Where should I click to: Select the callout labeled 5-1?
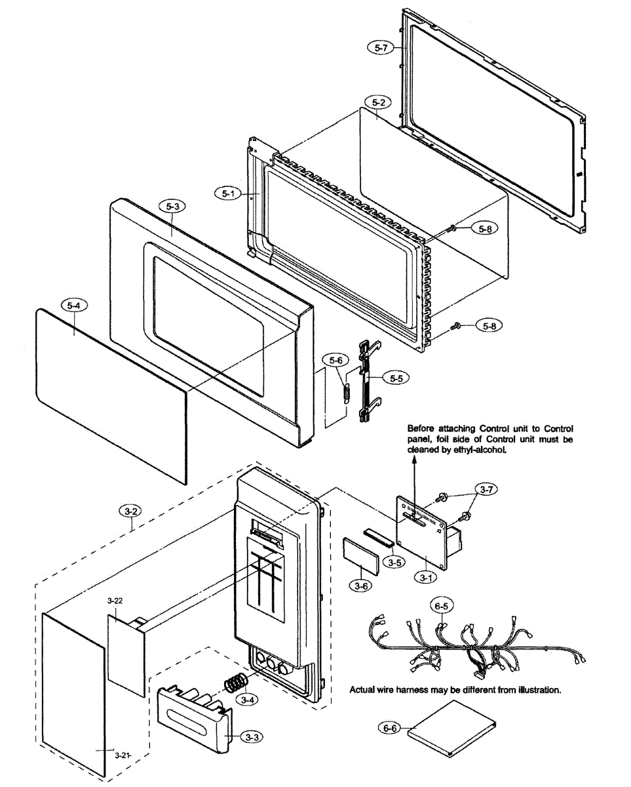[x=227, y=193]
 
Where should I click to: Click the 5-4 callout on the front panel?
[x=73, y=306]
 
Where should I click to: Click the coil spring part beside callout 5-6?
[x=346, y=388]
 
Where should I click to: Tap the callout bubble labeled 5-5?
[x=396, y=378]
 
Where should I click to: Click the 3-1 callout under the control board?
[x=426, y=578]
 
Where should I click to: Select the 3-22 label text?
[x=115, y=600]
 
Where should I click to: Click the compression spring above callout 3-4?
[x=234, y=682]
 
